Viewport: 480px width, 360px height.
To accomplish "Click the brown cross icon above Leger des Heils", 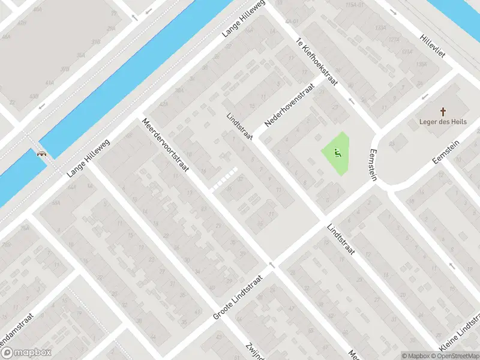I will [443, 112].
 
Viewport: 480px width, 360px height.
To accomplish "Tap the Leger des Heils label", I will [443, 122].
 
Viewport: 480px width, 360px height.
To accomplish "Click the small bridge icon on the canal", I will [41, 154].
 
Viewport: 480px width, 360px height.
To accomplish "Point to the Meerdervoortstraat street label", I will [165, 145].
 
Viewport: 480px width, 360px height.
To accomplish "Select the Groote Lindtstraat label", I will [238, 298].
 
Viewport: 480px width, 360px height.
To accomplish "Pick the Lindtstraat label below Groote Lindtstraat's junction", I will [342, 241].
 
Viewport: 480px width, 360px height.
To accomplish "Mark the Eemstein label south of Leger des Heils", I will [445, 154].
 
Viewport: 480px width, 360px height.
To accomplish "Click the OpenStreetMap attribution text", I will [458, 356].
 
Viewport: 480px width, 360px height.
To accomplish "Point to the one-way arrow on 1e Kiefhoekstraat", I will [350, 86].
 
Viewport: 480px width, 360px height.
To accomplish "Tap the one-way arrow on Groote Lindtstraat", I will [271, 264].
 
